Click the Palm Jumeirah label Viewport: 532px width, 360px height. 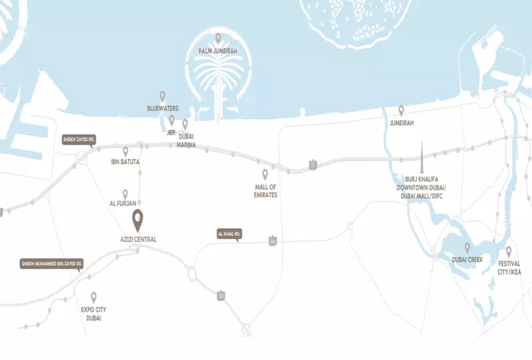(x=217, y=51)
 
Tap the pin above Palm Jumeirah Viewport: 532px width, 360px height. (x=218, y=37)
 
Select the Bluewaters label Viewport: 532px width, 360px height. (x=162, y=108)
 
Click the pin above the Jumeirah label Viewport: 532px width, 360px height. (x=401, y=111)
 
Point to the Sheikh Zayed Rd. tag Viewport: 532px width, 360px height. (x=80, y=139)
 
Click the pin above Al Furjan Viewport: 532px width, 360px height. (x=125, y=194)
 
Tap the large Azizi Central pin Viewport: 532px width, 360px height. (x=137, y=219)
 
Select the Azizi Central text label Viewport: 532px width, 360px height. (x=137, y=239)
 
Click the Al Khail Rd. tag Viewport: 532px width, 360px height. (x=229, y=234)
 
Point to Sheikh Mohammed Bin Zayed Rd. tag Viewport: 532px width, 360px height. (x=52, y=263)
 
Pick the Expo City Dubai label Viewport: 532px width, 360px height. (x=93, y=313)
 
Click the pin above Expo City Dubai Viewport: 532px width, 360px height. (x=93, y=297)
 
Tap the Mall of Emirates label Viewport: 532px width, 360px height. (x=265, y=190)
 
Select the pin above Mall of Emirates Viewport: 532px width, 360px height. (x=265, y=174)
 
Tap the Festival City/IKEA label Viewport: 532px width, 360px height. (x=509, y=268)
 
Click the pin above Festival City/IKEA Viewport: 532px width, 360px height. (x=509, y=251)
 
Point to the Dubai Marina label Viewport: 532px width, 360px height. (x=186, y=140)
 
